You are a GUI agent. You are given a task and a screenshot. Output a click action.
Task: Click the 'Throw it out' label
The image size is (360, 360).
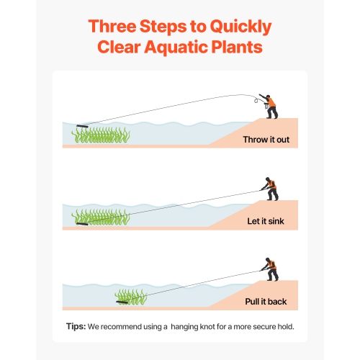(266, 139)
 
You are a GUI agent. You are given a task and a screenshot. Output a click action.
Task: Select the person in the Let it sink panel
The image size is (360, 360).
(269, 191)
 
